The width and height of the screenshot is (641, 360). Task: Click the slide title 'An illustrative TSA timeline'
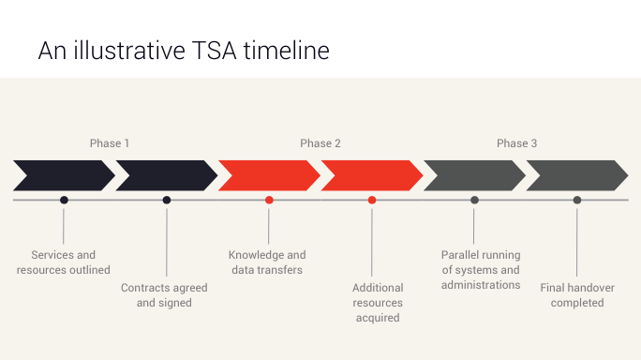184,51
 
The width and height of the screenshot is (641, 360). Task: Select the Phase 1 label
110,143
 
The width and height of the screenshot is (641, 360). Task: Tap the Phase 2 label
320,143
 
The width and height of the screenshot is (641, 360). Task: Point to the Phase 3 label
517,143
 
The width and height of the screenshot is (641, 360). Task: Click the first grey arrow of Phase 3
474,175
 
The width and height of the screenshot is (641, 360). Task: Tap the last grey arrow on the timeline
577,175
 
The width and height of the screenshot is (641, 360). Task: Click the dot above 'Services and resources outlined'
64,200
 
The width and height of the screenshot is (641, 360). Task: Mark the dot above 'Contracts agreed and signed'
167,200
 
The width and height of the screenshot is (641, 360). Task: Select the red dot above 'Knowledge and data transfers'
269,200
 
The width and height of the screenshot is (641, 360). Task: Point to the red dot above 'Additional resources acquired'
372,200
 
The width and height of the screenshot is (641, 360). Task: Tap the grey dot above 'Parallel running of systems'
474,200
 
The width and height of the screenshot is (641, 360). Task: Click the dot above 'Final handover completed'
577,200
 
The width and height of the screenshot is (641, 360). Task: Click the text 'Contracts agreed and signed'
164,295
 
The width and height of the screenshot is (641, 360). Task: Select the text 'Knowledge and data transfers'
267,262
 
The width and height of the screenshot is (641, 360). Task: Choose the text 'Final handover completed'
577,295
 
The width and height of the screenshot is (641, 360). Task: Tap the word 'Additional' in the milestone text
378,288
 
